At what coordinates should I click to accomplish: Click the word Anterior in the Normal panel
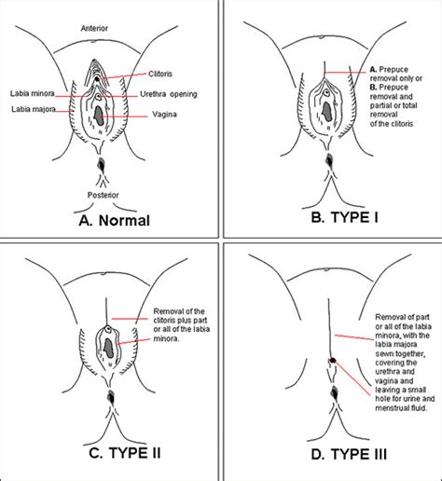click(94, 28)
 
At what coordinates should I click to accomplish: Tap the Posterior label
click(103, 195)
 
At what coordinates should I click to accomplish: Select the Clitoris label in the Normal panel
click(160, 74)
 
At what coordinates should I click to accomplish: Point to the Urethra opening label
click(169, 94)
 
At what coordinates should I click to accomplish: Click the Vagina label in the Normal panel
click(164, 115)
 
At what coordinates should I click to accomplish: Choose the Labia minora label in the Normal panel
click(33, 93)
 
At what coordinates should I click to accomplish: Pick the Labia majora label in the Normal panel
click(34, 109)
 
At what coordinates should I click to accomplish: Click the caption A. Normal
click(115, 220)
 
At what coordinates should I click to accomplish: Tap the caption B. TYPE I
click(345, 217)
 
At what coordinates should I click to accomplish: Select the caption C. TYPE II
click(125, 453)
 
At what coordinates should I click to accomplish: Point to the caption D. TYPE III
click(349, 454)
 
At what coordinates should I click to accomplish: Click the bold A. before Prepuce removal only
click(373, 69)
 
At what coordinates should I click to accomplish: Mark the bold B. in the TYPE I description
click(373, 87)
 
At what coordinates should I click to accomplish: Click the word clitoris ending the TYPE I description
click(402, 124)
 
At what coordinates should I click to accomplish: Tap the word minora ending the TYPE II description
click(166, 338)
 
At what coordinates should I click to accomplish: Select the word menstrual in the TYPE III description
click(391, 407)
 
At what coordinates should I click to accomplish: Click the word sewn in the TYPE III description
click(383, 354)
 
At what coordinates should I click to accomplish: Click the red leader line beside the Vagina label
click(124, 117)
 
